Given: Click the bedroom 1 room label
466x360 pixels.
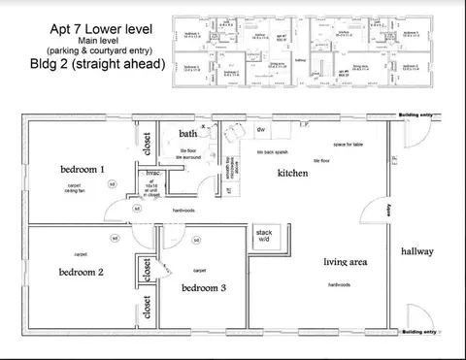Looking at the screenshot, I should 83,170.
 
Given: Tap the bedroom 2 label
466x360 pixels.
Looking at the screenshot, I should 81,272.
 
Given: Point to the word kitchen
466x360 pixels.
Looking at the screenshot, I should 292,173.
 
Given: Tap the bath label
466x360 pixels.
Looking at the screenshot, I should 186,133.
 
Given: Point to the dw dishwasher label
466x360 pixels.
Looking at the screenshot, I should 261,129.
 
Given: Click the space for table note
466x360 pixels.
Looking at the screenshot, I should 348,145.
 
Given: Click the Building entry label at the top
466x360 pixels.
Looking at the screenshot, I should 416,115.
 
